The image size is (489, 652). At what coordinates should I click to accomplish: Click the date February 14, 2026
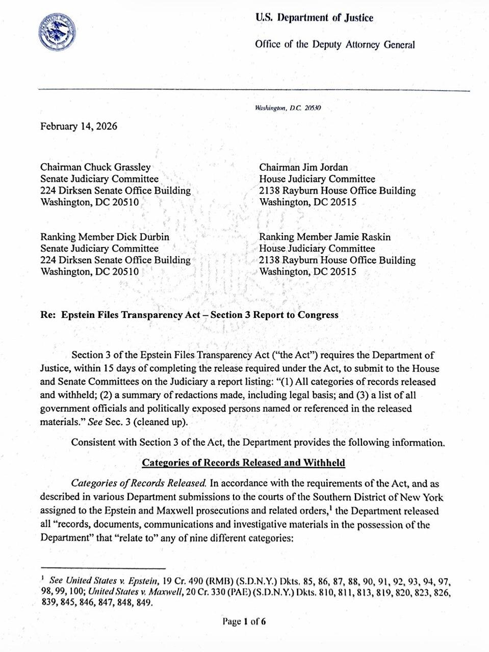tap(79, 126)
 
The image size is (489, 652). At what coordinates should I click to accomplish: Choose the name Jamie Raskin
tap(363, 237)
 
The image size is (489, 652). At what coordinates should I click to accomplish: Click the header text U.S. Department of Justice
tap(314, 18)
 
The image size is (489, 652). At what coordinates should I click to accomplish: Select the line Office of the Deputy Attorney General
tap(335, 44)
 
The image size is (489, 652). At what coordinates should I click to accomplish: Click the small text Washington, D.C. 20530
tap(288, 108)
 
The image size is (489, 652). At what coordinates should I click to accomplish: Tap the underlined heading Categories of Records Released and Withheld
tap(243, 463)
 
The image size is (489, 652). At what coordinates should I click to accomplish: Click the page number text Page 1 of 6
tap(244, 621)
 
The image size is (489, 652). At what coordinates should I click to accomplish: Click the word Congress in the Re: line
tap(318, 315)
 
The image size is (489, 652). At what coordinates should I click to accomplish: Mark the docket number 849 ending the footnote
tap(145, 603)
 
